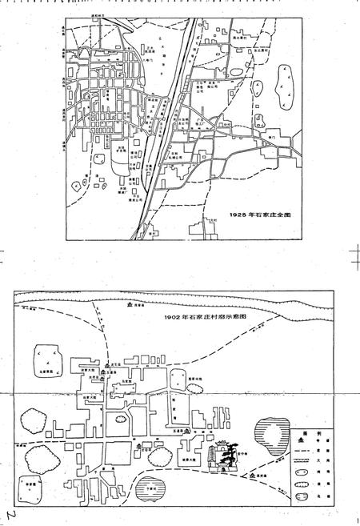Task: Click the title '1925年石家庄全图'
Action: (x=254, y=215)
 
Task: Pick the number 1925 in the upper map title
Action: (x=238, y=215)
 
